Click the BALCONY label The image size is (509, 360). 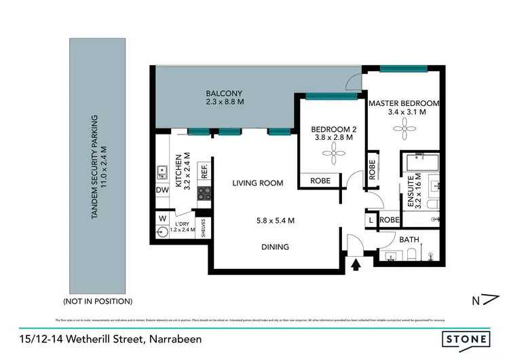224,93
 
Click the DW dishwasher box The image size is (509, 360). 162,191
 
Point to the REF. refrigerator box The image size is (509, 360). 204,171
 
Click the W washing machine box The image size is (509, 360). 162,219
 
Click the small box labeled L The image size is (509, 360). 371,220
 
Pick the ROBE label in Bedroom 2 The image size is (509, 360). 320,181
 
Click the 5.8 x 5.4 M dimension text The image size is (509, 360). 275,220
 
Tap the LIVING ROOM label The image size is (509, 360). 257,183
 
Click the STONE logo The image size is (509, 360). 467,338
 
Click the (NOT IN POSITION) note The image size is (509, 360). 98,300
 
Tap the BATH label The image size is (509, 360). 409,239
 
